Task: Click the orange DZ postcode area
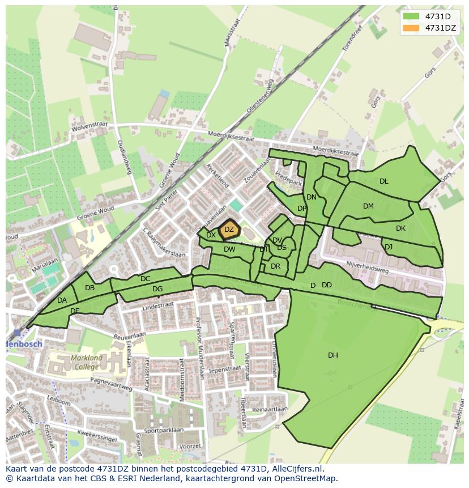click(229, 230)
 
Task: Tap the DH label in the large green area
click(333, 355)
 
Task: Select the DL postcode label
click(384, 181)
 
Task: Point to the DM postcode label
click(369, 206)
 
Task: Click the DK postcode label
click(401, 228)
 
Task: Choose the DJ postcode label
click(389, 247)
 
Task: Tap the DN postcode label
click(312, 197)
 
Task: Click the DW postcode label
click(229, 249)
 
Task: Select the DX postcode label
click(211, 235)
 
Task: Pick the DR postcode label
click(276, 266)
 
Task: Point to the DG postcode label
click(157, 289)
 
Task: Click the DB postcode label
click(89, 288)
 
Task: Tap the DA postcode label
click(62, 300)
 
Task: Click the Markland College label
click(87, 362)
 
